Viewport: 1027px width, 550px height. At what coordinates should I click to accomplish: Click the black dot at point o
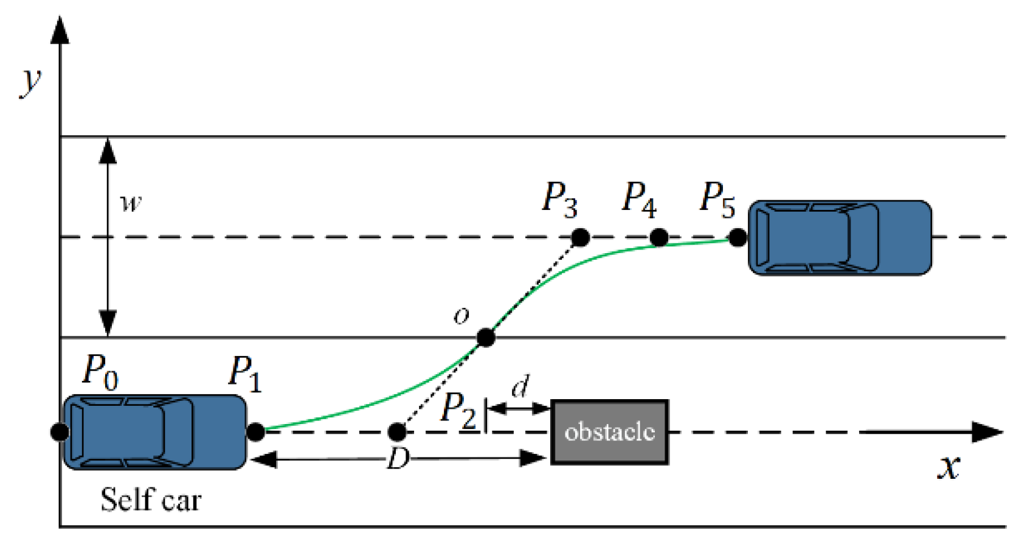[x=486, y=338]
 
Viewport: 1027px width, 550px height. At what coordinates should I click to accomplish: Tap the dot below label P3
[x=581, y=238]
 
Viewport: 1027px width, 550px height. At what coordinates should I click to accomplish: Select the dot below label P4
[x=659, y=238]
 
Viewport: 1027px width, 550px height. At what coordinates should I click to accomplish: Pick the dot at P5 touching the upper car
[x=738, y=238]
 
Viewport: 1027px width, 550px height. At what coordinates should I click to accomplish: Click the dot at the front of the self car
[x=256, y=431]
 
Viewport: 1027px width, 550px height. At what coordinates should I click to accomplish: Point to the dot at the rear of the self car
[x=60, y=431]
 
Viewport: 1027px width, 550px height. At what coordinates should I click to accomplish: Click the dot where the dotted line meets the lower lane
[x=397, y=431]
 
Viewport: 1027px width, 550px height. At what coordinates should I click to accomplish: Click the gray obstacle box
[x=609, y=432]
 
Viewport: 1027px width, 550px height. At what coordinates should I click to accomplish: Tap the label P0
[x=100, y=372]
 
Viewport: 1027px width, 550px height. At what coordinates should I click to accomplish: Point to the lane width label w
[x=131, y=203]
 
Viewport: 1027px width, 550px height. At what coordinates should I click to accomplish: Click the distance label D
[x=398, y=458]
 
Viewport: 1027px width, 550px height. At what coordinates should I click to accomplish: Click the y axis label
[x=31, y=83]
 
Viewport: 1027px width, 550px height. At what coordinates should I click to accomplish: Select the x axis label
[x=949, y=468]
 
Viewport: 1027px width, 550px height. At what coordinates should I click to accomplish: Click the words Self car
[x=151, y=500]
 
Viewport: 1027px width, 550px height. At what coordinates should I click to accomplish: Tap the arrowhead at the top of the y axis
[x=60, y=30]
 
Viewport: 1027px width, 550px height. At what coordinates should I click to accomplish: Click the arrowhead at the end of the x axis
[x=987, y=432]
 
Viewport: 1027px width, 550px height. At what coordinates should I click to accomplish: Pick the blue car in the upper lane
[x=840, y=238]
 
